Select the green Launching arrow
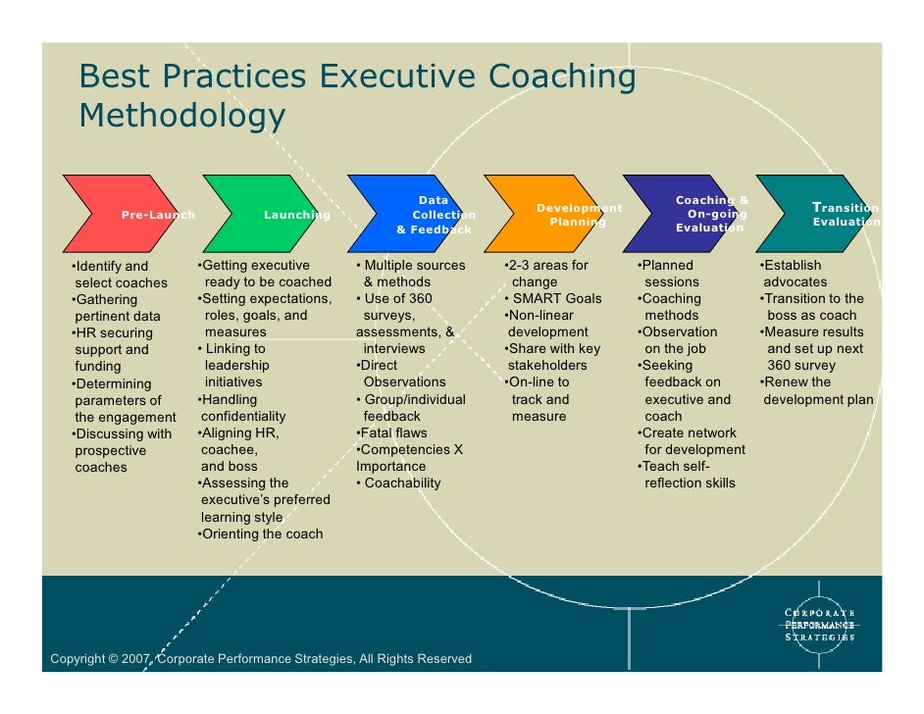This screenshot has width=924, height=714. [265, 214]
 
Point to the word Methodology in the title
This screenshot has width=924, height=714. [182, 116]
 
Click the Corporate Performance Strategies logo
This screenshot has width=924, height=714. [819, 625]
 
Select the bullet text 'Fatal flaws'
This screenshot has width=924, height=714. [396, 433]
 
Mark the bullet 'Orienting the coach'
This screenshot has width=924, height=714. [260, 534]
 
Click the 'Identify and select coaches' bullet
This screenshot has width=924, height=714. [118, 275]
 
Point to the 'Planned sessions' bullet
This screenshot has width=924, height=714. [669, 274]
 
